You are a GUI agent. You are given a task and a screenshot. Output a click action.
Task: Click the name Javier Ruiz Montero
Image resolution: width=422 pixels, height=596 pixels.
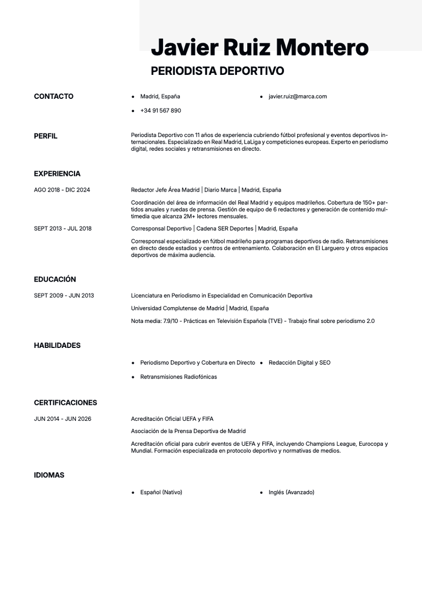tap(259, 48)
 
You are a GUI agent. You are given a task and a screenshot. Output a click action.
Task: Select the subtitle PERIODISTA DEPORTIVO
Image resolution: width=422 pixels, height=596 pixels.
tap(217, 71)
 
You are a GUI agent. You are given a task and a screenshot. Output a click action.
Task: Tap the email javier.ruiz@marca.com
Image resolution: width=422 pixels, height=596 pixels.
tap(298, 96)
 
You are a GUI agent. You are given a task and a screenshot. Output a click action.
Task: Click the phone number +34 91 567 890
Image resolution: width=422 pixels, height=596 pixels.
tap(161, 111)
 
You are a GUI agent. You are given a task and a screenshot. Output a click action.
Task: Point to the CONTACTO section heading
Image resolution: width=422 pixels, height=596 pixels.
tap(54, 96)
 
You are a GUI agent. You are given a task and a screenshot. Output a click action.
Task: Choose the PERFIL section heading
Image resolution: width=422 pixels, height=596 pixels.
tap(45, 136)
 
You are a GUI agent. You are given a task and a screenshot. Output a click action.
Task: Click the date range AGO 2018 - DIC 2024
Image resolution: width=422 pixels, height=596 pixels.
tap(62, 190)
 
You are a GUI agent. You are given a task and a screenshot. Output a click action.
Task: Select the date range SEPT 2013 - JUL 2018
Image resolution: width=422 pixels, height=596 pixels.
tap(63, 229)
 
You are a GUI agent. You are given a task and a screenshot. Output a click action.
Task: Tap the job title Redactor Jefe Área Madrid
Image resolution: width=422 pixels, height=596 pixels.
tap(165, 190)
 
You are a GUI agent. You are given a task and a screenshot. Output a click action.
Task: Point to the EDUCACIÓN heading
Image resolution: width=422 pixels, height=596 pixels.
tap(55, 279)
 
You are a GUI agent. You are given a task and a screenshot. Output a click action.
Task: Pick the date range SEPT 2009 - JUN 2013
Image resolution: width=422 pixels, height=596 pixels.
tap(64, 295)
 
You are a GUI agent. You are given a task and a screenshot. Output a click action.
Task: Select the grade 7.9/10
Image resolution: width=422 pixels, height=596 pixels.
tap(172, 321)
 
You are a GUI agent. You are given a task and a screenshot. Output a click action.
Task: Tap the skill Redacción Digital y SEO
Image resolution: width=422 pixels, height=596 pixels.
tap(299, 363)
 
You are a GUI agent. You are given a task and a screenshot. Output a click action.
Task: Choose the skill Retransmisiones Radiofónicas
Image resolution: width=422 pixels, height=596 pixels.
tap(178, 377)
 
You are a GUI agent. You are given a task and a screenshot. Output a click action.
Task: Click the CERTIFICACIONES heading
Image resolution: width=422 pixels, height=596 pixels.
tap(65, 402)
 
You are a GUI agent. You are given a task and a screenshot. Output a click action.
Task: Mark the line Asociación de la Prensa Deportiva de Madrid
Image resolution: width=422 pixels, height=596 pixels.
tap(188, 431)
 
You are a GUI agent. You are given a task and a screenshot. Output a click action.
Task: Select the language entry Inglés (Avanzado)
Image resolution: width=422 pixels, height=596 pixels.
tap(291, 492)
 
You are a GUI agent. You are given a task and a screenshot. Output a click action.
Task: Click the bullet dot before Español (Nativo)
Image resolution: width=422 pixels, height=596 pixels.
tap(133, 493)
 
